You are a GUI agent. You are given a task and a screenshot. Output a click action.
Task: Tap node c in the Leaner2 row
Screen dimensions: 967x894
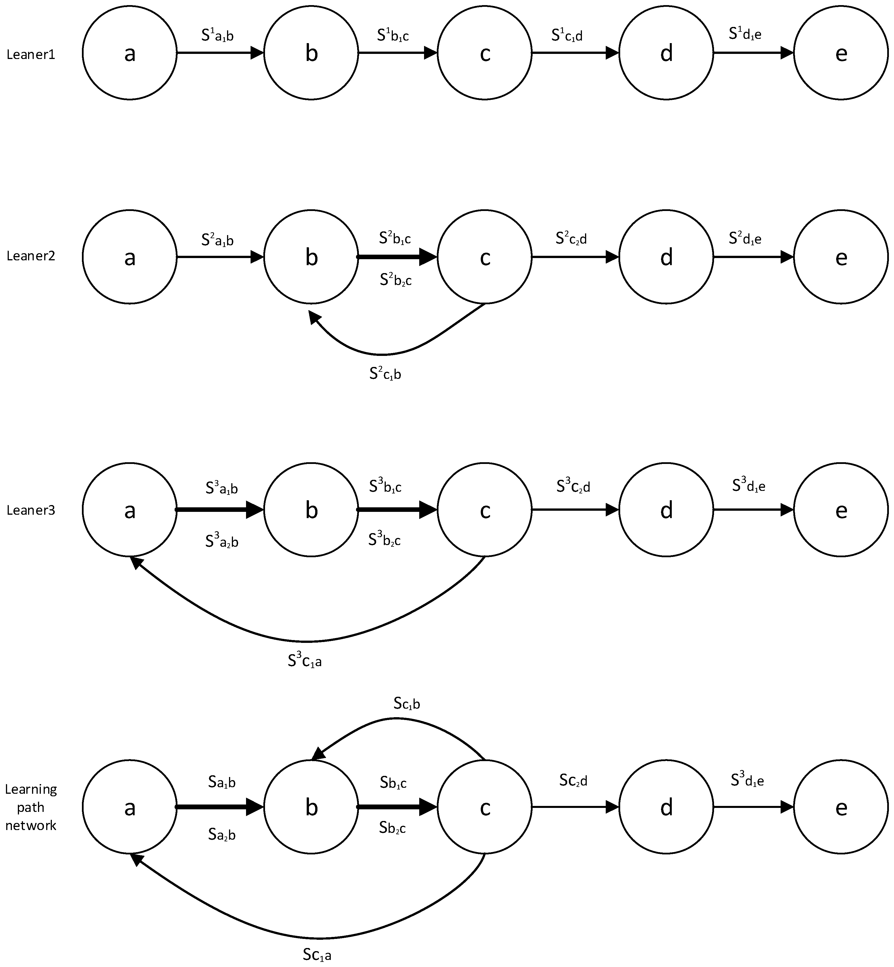tap(485, 257)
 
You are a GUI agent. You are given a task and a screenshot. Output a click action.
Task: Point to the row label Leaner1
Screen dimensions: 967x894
tap(31, 55)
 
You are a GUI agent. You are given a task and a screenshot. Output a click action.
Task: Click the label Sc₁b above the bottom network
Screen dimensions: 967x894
tap(406, 704)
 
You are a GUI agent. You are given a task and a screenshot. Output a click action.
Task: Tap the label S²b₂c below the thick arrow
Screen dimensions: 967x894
tap(396, 280)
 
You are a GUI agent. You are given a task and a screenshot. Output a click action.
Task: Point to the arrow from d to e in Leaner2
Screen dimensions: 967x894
tap(753, 257)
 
